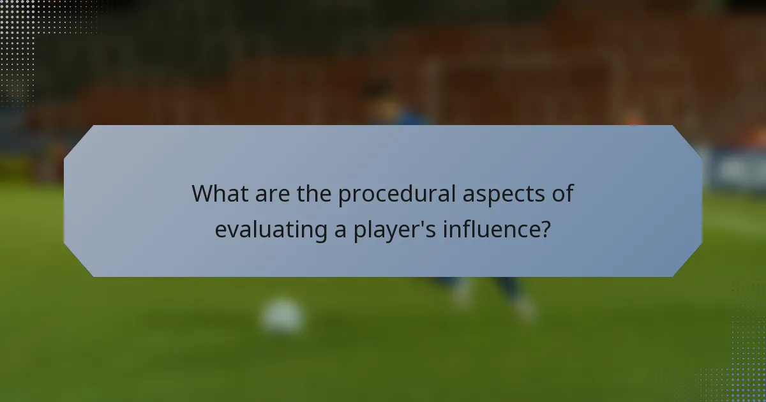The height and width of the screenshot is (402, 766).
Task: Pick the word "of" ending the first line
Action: (561, 193)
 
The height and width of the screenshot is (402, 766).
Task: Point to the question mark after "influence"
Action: (544, 228)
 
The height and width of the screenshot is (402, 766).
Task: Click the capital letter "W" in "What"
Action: (203, 193)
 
